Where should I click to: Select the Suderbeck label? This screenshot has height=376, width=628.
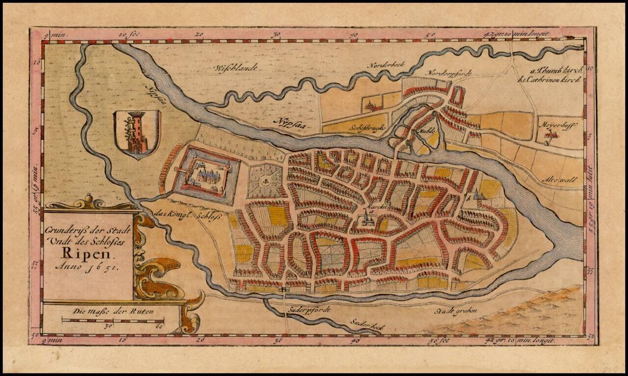[x=368, y=325]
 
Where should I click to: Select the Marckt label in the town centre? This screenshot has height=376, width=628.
[x=367, y=208]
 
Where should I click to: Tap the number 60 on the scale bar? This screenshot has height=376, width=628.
[x=158, y=327]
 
